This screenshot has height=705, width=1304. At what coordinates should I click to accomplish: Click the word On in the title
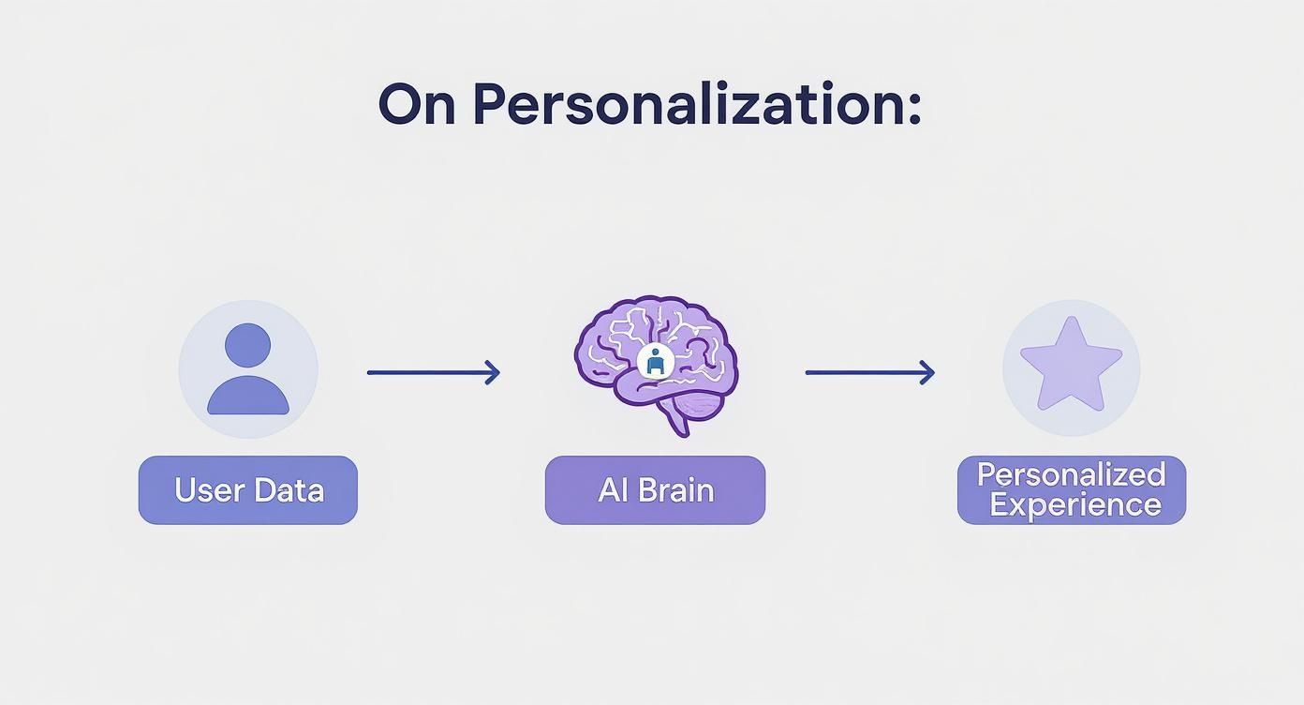pos(417,104)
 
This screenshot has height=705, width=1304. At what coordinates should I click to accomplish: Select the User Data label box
pos(248,490)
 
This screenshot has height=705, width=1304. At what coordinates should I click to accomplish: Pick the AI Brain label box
pos(655,490)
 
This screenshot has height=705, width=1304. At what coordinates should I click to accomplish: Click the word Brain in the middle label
pos(676,490)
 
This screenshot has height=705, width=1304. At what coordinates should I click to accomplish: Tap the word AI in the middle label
pos(612,490)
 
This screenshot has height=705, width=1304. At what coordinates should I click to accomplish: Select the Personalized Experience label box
pos(1071,490)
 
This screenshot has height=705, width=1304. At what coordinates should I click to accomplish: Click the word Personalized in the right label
pos(1071,474)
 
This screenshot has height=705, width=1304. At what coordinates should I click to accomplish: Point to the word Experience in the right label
pos(1074,505)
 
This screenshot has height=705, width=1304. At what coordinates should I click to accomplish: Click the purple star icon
pos(1071,366)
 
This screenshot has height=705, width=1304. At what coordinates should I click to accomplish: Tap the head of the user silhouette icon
pos(248,345)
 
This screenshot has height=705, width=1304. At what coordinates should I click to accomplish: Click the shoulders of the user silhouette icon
pos(248,397)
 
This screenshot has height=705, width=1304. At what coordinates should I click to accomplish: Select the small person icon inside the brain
pos(655,362)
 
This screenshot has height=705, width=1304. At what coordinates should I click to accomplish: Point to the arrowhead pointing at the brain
pos(494,373)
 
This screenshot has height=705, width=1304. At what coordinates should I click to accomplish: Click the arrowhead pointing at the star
pos(927,373)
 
